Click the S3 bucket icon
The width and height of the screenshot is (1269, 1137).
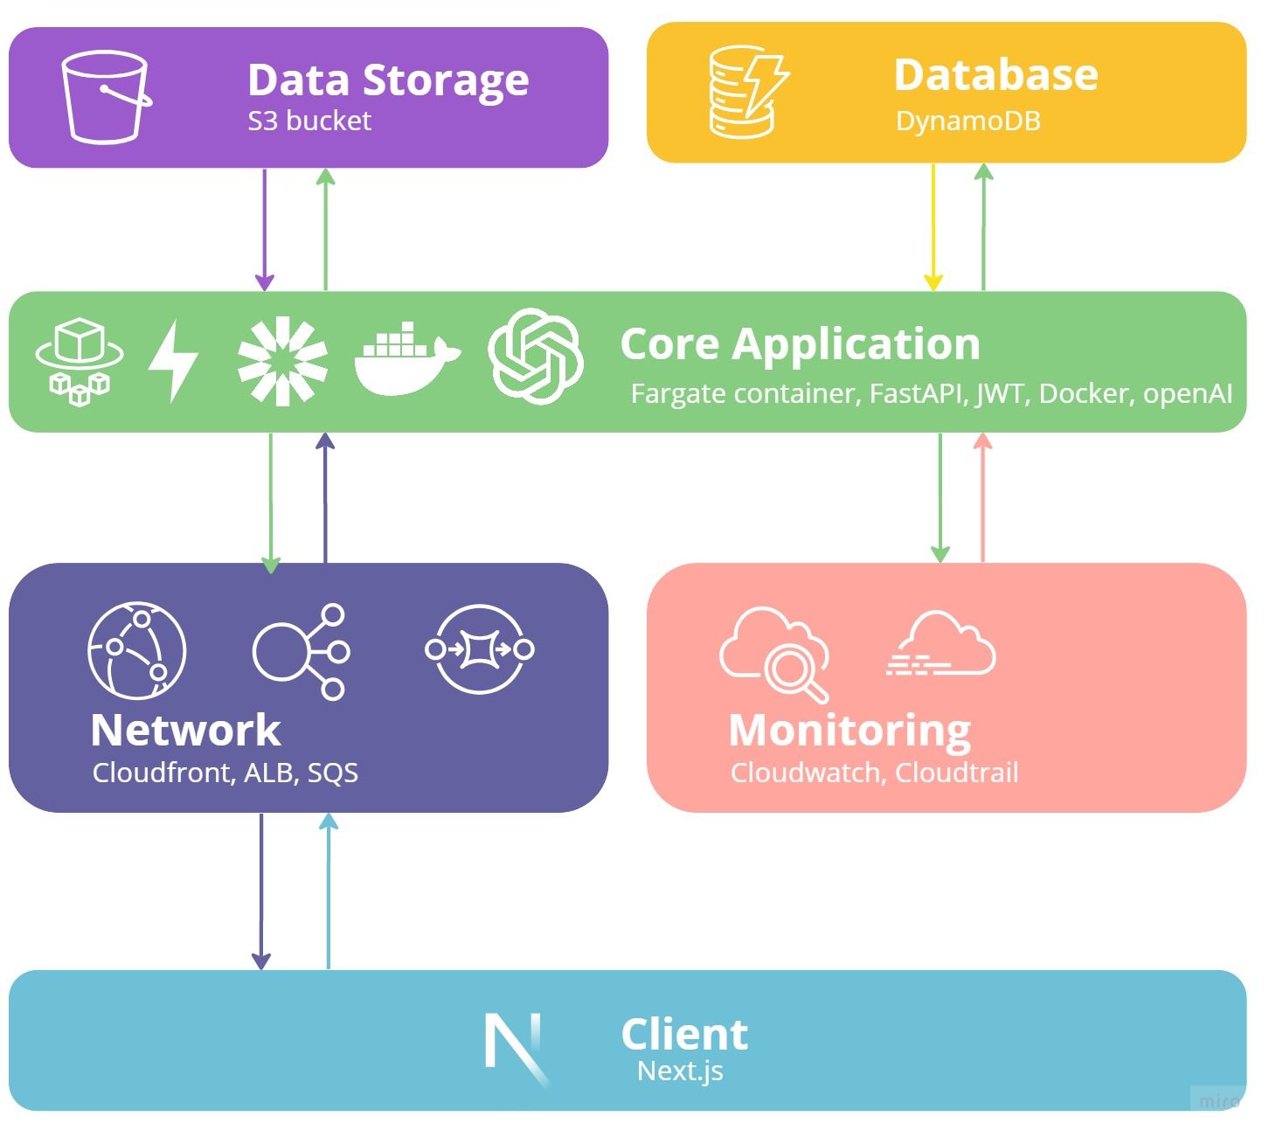coord(105,96)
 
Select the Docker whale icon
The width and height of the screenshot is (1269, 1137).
coord(406,359)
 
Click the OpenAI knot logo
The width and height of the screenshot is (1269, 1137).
coord(535,357)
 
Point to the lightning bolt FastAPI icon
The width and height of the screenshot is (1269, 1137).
coord(173,360)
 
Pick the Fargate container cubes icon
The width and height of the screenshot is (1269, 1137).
coord(80,361)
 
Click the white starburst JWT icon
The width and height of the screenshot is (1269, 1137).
coord(281,360)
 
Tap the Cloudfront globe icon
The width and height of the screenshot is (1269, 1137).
coord(137,650)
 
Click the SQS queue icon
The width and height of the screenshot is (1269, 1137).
coord(480,649)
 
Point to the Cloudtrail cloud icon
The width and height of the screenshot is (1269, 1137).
coord(941,644)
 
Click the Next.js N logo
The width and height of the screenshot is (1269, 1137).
coord(516,1045)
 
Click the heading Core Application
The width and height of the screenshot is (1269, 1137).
coord(800,343)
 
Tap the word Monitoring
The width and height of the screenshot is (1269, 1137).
coord(849,731)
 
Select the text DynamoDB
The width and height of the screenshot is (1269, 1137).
coord(968,121)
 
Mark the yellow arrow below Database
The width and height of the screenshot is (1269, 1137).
coord(933,227)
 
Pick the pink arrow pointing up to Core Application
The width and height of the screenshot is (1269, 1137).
coord(983,498)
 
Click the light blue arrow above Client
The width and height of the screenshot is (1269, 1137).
coord(329,891)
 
